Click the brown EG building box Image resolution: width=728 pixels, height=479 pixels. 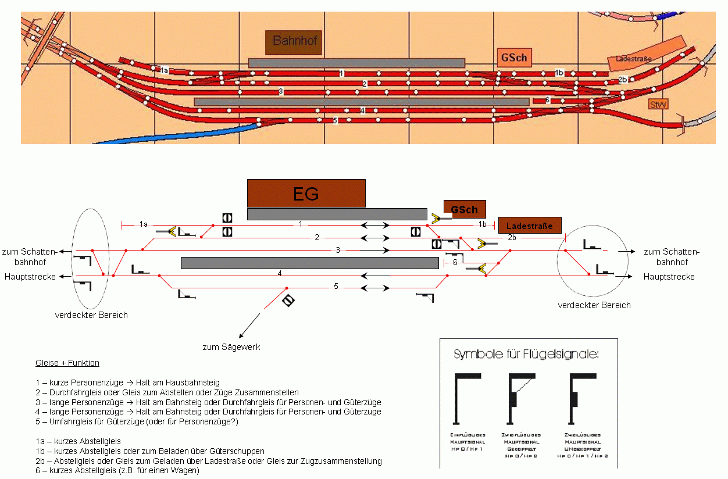click(x=306, y=193)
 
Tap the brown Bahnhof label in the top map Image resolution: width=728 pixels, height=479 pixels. click(x=294, y=42)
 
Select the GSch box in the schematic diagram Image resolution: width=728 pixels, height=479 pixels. click(x=464, y=209)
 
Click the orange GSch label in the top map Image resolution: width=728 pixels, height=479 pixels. click(x=513, y=58)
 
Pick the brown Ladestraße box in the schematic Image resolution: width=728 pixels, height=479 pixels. click(x=530, y=226)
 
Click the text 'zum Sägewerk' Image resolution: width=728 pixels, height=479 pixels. click(x=231, y=347)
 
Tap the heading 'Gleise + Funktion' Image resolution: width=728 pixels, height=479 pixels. click(x=67, y=363)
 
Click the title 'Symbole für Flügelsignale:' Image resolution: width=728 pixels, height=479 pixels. click(x=526, y=354)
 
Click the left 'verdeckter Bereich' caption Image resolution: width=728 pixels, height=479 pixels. click(x=91, y=315)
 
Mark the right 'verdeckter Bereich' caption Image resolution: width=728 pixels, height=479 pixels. click(x=594, y=305)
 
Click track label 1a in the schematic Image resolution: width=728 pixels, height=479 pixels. click(x=144, y=224)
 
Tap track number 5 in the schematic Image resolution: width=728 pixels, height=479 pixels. click(x=336, y=287)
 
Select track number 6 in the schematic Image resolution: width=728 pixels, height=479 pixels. click(x=455, y=263)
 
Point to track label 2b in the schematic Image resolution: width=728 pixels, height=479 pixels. click(x=512, y=237)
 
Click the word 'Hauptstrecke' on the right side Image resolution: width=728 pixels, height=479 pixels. click(x=669, y=277)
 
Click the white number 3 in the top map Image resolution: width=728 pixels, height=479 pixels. click(x=280, y=91)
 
